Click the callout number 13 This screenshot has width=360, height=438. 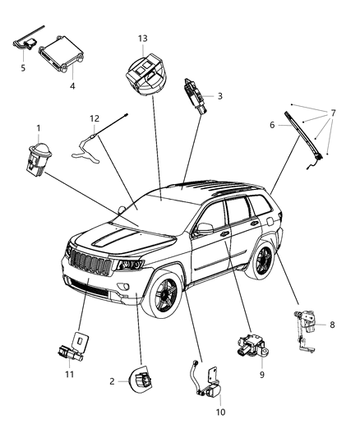pos(142,39)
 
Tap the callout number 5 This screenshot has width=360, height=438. pos(23,67)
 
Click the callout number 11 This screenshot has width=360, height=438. pos(70,374)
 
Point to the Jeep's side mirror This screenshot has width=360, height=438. pos(204,228)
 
